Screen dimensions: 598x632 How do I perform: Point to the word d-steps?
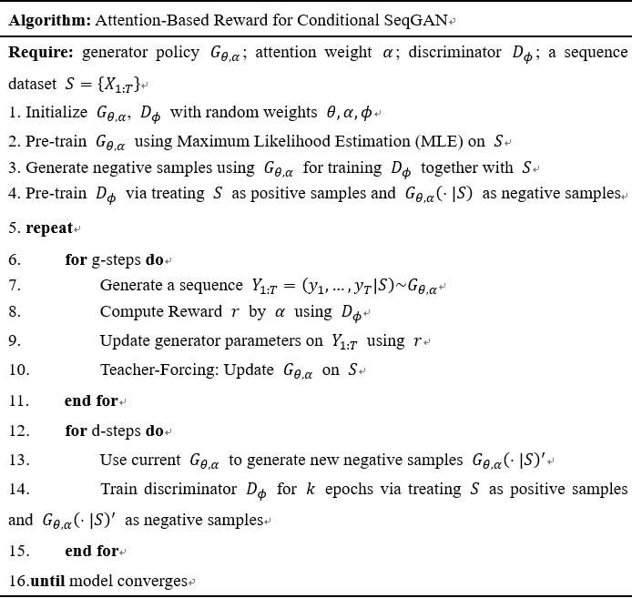[117, 431]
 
